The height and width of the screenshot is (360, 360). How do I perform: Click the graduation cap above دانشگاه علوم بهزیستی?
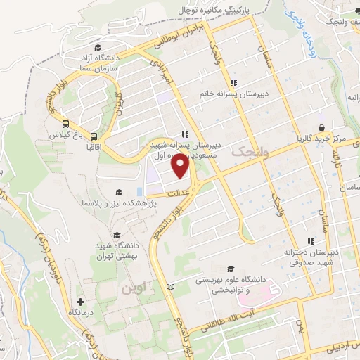coord(230,268)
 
